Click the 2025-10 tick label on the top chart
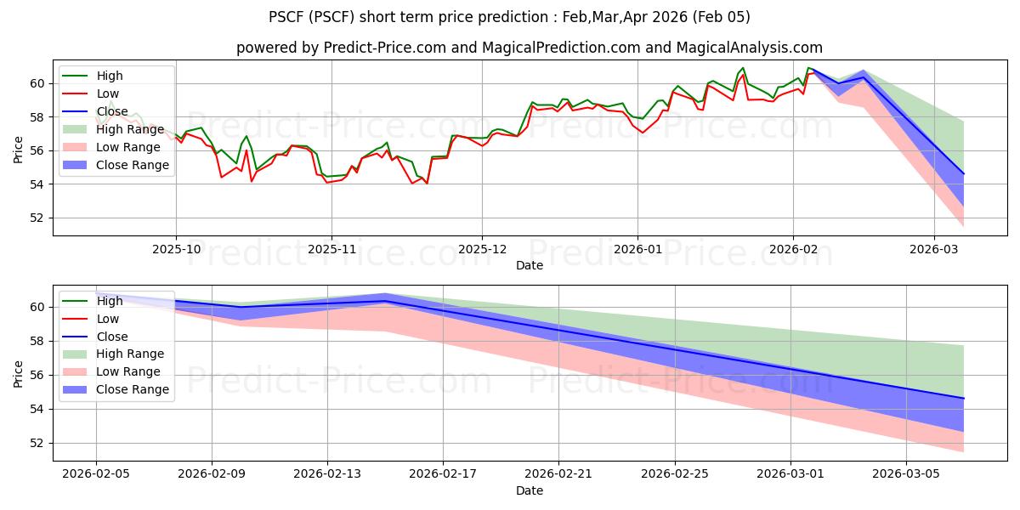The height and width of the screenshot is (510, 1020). (x=176, y=250)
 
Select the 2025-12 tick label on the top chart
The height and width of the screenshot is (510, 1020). (x=482, y=250)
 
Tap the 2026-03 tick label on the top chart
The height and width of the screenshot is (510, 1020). (x=934, y=250)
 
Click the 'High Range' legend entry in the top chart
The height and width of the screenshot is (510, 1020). (x=130, y=129)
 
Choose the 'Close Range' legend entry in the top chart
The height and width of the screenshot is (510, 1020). (x=133, y=165)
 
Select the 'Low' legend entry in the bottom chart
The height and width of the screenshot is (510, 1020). (x=108, y=319)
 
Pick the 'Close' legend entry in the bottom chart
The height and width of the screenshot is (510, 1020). (x=112, y=337)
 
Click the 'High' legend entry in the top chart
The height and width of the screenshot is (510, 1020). (x=110, y=76)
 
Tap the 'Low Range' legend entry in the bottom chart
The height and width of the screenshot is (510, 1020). (x=128, y=372)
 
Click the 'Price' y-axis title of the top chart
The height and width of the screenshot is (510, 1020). (x=18, y=150)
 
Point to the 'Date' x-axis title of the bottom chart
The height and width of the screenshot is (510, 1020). (x=530, y=491)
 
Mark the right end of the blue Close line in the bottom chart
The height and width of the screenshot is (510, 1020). (x=964, y=398)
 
